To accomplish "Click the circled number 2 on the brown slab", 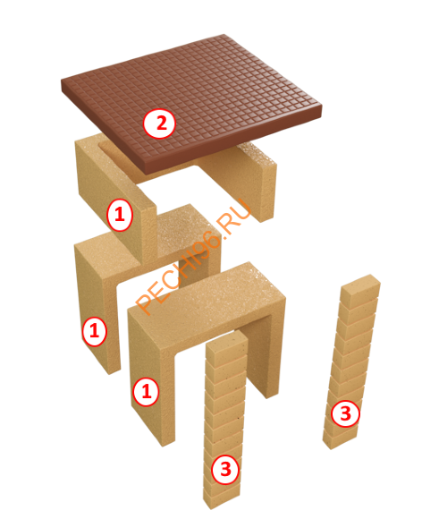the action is [x=160, y=123].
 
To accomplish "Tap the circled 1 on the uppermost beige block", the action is [x=120, y=215].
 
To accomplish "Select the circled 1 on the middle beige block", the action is [x=95, y=331].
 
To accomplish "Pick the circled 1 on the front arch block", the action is [x=146, y=392].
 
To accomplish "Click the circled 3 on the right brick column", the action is [x=345, y=413].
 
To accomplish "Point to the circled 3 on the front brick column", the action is [x=225, y=469].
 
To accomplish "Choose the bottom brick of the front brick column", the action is [x=221, y=498].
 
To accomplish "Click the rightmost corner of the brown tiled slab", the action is [x=322, y=106].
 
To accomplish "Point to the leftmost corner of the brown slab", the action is [x=62, y=81].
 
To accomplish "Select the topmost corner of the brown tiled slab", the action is [x=224, y=34].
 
